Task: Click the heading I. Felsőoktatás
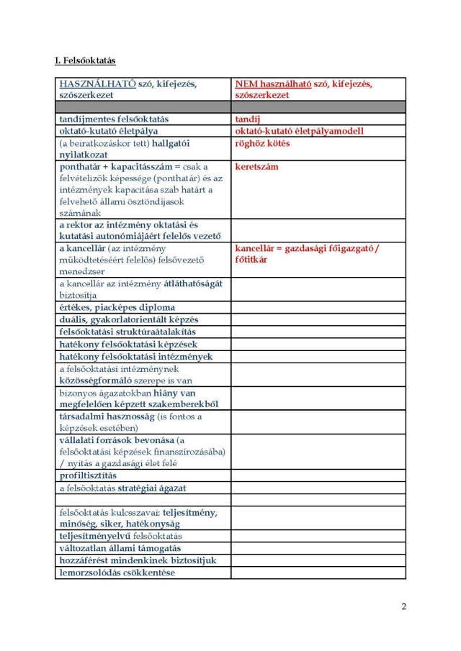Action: (x=85, y=60)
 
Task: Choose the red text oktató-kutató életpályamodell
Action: (x=299, y=132)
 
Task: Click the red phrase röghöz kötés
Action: (x=262, y=144)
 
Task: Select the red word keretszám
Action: (x=256, y=167)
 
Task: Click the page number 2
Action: (x=403, y=606)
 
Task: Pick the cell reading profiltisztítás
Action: (x=88, y=476)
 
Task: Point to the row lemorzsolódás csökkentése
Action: (x=117, y=573)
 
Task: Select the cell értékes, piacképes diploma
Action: (x=117, y=308)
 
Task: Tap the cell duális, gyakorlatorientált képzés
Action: (x=128, y=319)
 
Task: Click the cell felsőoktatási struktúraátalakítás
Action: (x=127, y=332)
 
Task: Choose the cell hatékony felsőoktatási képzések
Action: (x=128, y=345)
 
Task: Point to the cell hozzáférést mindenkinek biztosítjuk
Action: (x=138, y=561)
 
